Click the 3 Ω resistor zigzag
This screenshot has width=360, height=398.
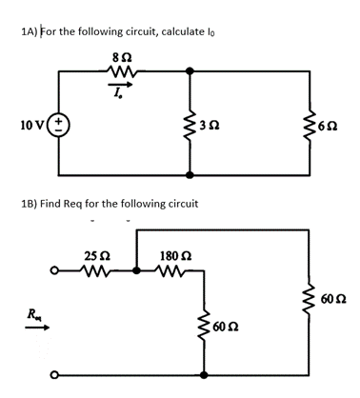191,125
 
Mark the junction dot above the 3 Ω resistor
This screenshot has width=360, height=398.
191,70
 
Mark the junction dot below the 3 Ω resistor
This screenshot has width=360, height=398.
191,176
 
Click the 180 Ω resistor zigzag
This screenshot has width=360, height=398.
176,269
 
